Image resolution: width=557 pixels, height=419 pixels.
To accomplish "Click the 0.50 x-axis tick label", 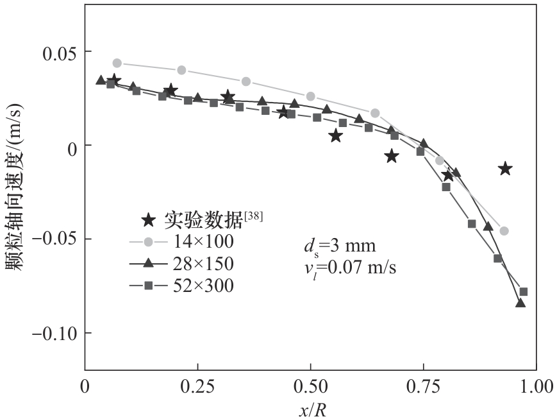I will tap(310, 386).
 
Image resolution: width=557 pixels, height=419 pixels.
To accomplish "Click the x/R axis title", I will tap(312, 409).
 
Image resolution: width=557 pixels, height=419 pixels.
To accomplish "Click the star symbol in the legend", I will tap(148, 220).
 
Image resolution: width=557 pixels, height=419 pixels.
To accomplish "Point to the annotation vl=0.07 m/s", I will tap(349, 267).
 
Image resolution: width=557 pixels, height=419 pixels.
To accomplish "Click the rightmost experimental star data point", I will tap(505, 169).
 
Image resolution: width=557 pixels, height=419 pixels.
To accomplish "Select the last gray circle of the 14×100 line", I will tap(504, 231).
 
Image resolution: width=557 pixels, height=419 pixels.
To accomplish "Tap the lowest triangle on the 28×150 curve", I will tap(520, 303).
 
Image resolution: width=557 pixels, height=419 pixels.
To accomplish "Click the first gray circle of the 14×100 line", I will tap(117, 63).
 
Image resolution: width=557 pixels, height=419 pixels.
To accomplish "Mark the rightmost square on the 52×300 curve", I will tap(524, 291).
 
